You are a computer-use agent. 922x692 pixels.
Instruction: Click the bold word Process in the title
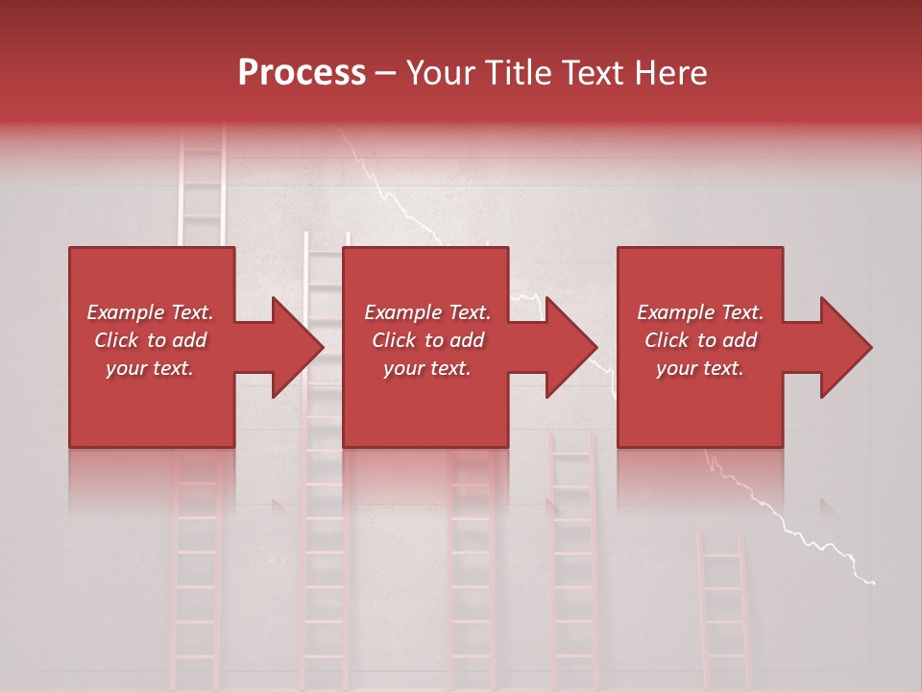302,73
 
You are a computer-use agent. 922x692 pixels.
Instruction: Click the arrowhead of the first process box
294,347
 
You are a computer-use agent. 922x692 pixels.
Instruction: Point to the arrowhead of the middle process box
569,347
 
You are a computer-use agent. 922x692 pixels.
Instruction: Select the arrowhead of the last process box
843,347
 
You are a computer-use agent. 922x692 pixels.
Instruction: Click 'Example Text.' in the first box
150,312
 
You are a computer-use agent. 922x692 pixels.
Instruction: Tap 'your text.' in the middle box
426,368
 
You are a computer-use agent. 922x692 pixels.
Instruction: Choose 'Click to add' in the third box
700,340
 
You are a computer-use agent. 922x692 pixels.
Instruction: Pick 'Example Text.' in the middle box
426,312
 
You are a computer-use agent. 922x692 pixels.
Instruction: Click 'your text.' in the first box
150,368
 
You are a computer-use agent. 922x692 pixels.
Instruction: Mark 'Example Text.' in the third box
700,312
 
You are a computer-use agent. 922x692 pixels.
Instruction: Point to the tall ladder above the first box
203,187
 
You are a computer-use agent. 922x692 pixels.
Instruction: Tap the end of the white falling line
872,581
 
